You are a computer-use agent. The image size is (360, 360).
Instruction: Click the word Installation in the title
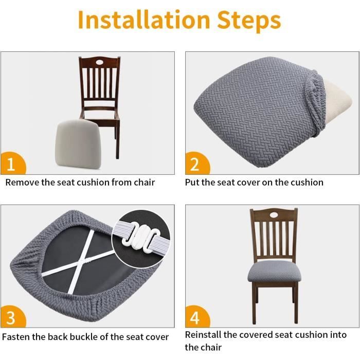point(144,20)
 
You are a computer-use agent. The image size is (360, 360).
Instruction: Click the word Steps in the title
point(249,21)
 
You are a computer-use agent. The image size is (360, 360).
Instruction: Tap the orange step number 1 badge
point(13,163)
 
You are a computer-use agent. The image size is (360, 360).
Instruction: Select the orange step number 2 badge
point(197,163)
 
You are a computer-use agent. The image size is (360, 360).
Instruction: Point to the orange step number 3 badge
point(13,317)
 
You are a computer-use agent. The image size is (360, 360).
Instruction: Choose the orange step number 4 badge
point(197,317)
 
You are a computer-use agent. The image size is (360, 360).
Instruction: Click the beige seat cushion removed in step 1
point(78,144)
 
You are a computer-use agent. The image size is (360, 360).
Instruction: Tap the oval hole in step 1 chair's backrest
point(100,62)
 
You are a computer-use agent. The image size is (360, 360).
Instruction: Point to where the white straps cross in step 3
point(83,261)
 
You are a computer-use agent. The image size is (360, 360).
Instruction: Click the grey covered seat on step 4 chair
point(274,272)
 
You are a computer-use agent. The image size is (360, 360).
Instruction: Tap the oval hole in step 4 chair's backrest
point(274,215)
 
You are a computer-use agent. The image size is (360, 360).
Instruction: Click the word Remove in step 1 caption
point(22,183)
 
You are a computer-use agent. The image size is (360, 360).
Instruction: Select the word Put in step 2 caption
point(192,183)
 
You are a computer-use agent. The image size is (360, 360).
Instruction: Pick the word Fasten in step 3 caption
point(16,337)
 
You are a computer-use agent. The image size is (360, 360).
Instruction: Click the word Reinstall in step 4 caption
point(203,335)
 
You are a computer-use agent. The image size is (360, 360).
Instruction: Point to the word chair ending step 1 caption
point(144,183)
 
